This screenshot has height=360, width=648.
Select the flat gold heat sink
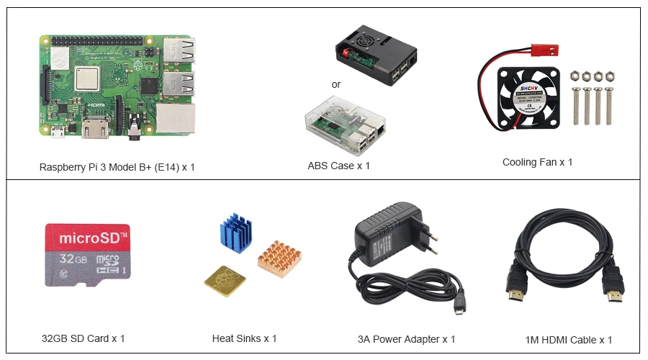[x=224, y=281]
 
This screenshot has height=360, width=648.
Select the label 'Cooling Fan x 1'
[x=537, y=162]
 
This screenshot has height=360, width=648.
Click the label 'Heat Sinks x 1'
[x=244, y=338]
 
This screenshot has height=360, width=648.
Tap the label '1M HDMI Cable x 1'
[x=569, y=340]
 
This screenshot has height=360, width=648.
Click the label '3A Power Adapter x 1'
[x=406, y=339]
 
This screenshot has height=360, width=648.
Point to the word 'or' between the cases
[x=336, y=84]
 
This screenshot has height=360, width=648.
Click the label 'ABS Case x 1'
[x=338, y=166]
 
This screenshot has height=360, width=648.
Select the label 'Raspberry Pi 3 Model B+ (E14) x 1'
[x=117, y=167]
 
